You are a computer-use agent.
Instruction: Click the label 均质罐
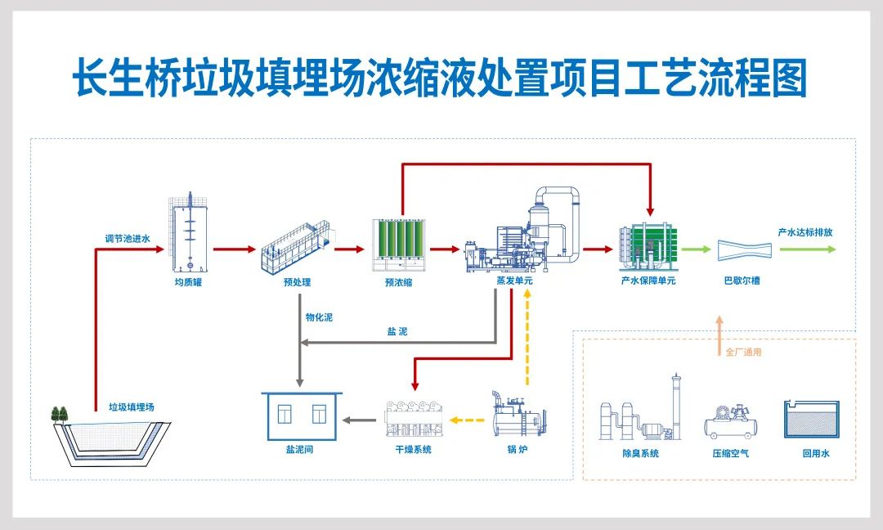coord(188,282)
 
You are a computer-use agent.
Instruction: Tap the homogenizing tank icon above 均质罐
coord(189,234)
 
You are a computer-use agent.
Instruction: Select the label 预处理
coord(292,282)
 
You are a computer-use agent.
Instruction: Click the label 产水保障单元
coord(648,281)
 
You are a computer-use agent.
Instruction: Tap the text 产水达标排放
coord(805,232)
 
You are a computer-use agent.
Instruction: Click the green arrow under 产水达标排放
coord(807,249)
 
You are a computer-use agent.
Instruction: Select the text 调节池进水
coord(128,240)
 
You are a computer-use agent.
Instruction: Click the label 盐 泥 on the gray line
coord(397,332)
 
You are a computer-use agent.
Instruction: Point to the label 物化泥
coord(319,317)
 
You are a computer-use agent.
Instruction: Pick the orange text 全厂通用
coord(743,353)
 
